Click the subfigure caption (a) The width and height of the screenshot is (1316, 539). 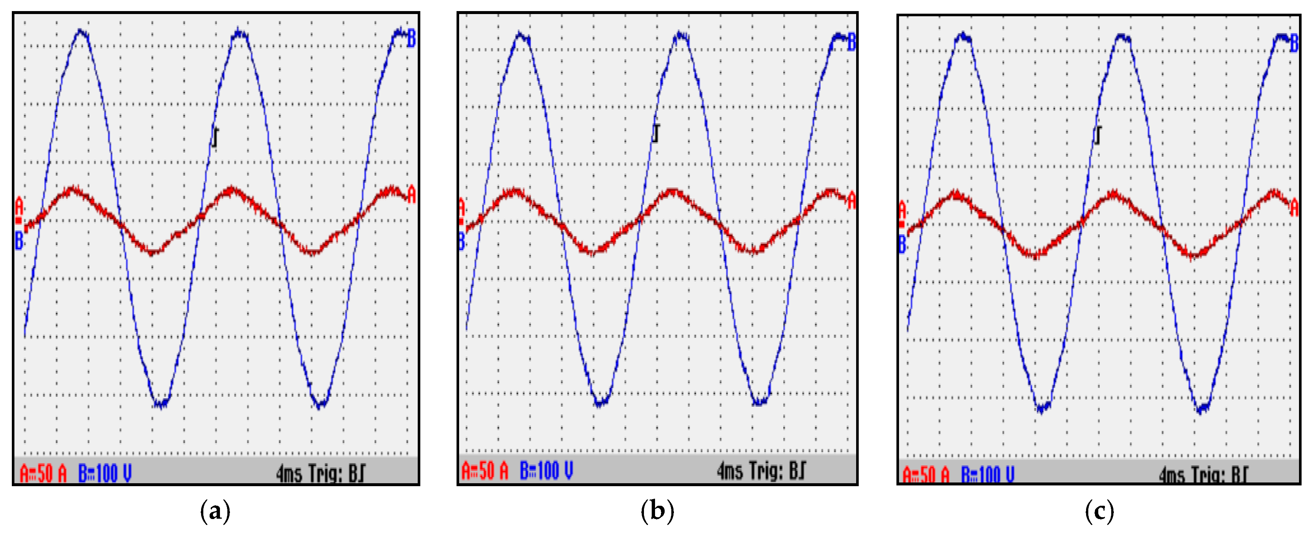point(215,511)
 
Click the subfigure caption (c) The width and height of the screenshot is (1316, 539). point(1099,511)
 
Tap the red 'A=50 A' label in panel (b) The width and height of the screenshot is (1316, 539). point(485,470)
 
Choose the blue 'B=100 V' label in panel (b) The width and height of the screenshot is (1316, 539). point(546,470)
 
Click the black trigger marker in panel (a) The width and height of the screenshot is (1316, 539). point(216,137)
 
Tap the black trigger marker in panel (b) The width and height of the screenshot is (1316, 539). point(656,133)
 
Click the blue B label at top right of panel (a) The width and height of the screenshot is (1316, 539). point(411,39)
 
